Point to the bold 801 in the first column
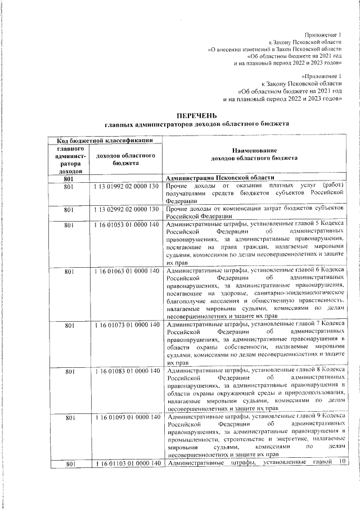pyautogui.click(x=70, y=178)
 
